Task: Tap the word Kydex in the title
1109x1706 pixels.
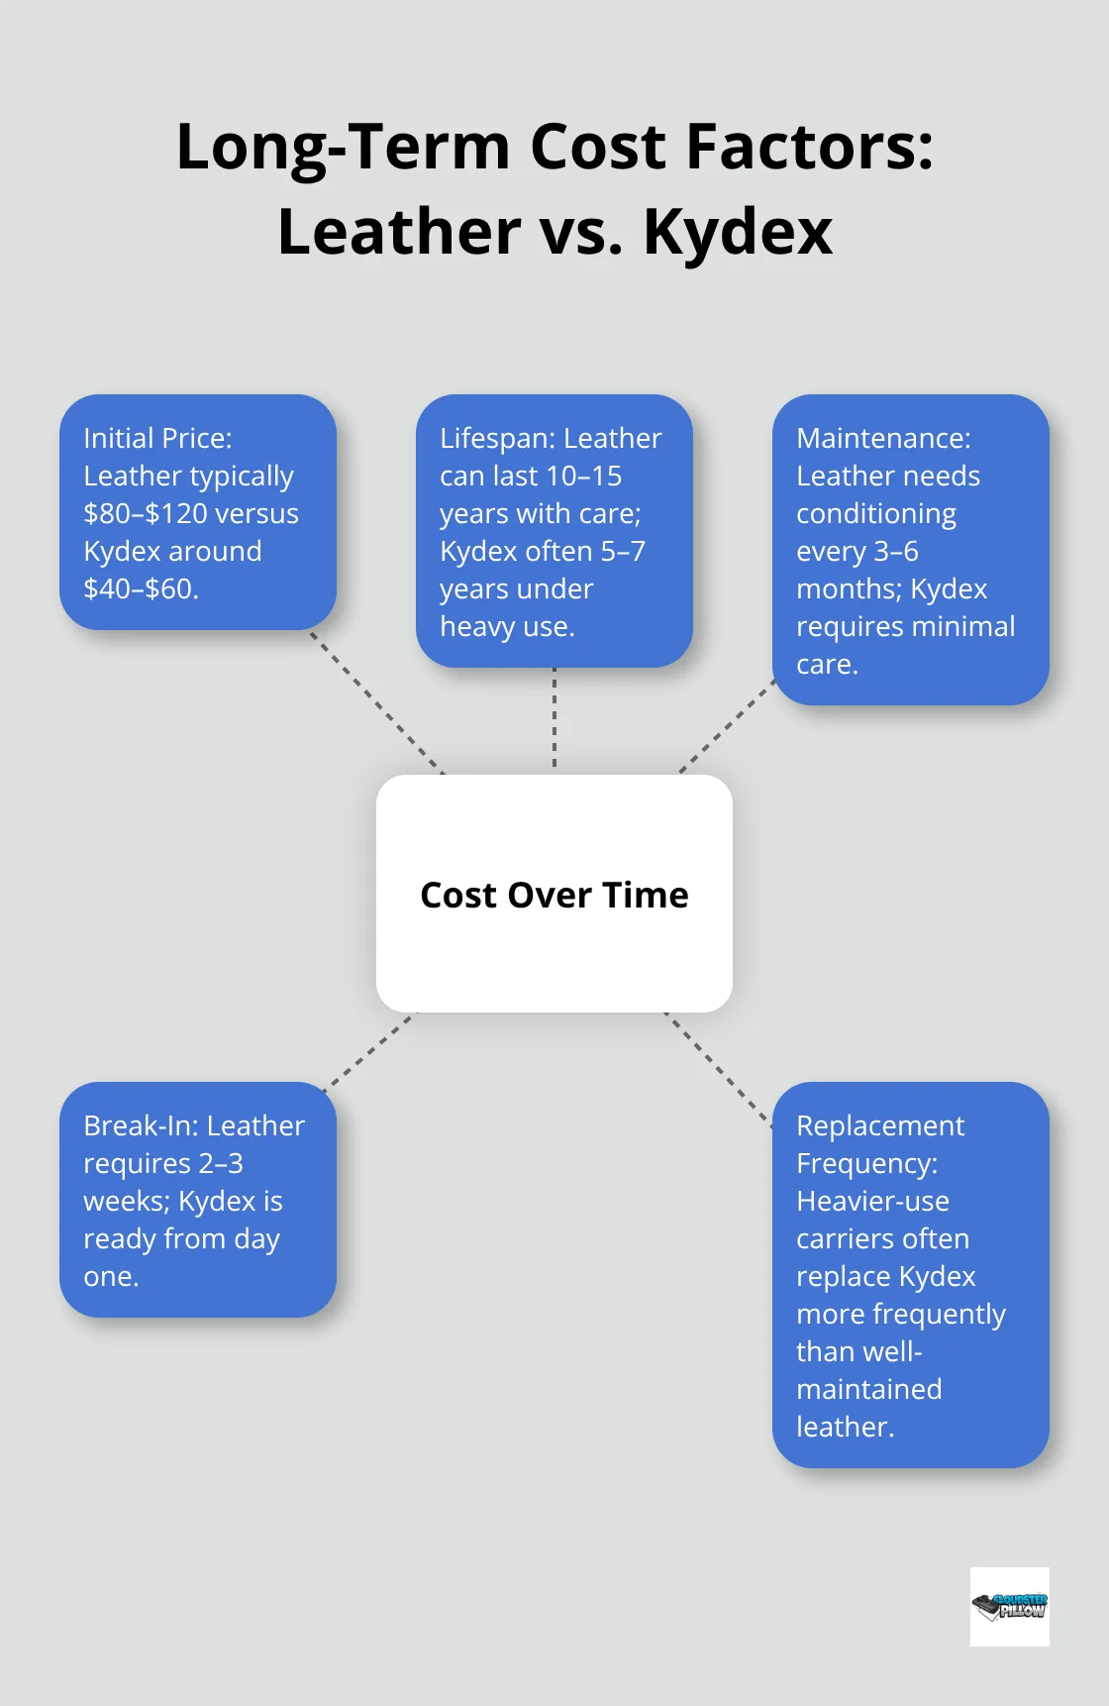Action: point(738,233)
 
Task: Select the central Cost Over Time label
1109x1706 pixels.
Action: point(554,895)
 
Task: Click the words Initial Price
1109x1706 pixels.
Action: point(157,438)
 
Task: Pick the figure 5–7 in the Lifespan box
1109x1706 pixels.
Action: point(623,551)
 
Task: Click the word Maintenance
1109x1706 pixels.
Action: point(883,438)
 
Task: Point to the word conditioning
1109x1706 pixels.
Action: point(876,513)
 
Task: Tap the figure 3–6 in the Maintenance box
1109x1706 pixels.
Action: point(896,551)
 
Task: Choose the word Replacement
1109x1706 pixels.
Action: point(879,1125)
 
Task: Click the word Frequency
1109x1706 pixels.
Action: point(866,1163)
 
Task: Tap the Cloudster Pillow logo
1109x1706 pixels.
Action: point(1009,1606)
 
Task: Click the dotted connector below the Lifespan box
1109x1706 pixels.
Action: point(554,719)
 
